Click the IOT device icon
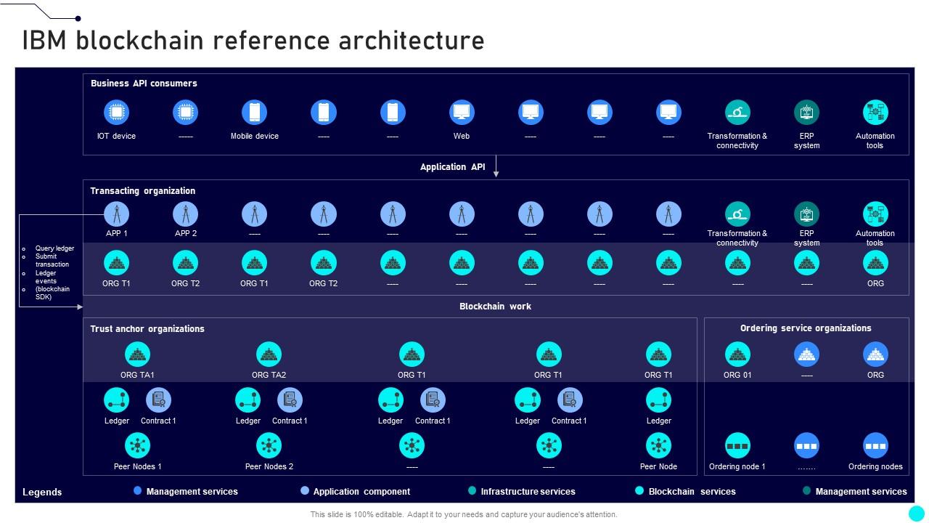[116, 113]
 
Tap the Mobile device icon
[255, 113]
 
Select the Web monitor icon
[462, 113]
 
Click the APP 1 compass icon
[116, 214]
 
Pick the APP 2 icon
[186, 214]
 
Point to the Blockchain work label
[495, 307]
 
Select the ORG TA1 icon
[137, 354]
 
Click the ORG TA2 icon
[269, 354]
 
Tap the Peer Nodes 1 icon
[137, 445]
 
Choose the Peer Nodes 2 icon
[269, 445]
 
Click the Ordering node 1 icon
[737, 445]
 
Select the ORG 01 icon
[737, 354]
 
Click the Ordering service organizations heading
[806, 328]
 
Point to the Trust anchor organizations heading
[147, 329]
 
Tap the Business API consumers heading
[144, 84]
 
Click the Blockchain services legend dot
[639, 491]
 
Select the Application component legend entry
[361, 492]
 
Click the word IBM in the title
[46, 41]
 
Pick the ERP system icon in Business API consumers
[806, 113]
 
